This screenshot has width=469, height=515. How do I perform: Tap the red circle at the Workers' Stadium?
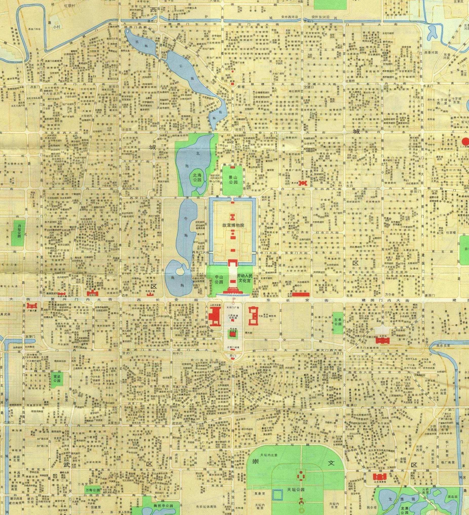tap(466, 141)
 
